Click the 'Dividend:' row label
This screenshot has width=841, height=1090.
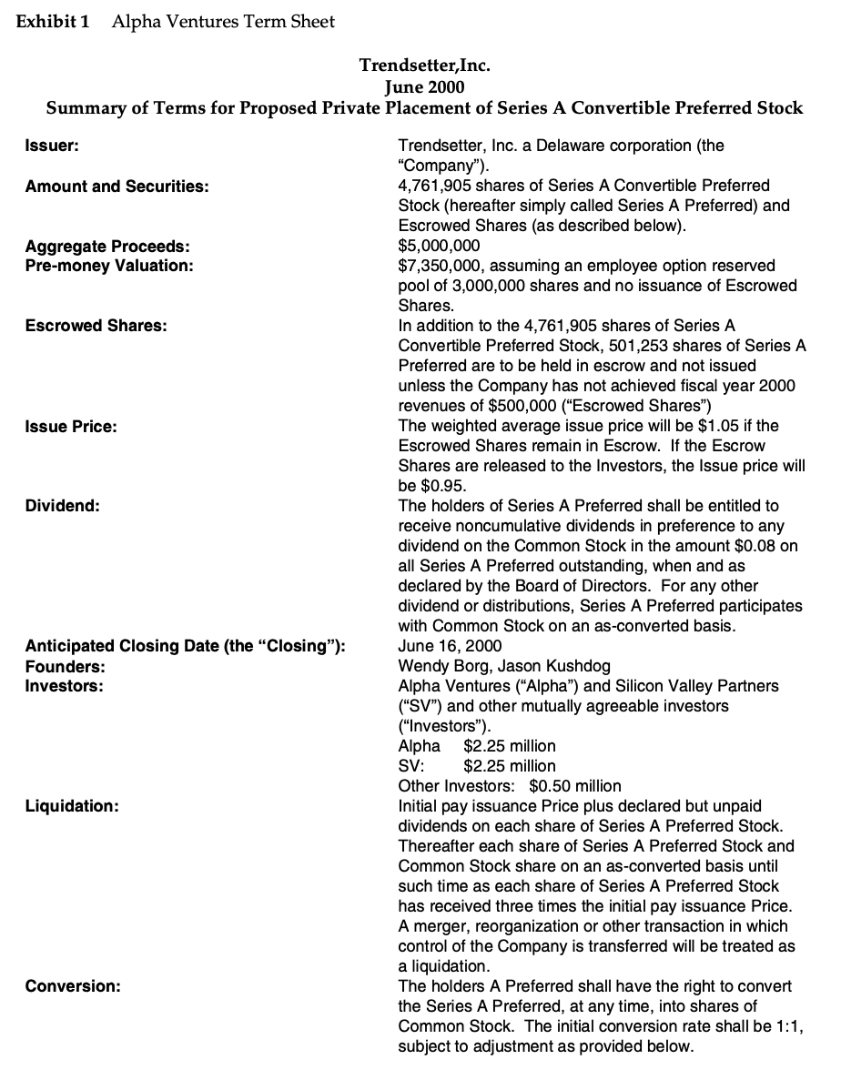[62, 506]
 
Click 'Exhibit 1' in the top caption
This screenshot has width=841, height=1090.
[54, 21]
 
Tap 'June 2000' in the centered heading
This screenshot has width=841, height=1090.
[425, 87]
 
